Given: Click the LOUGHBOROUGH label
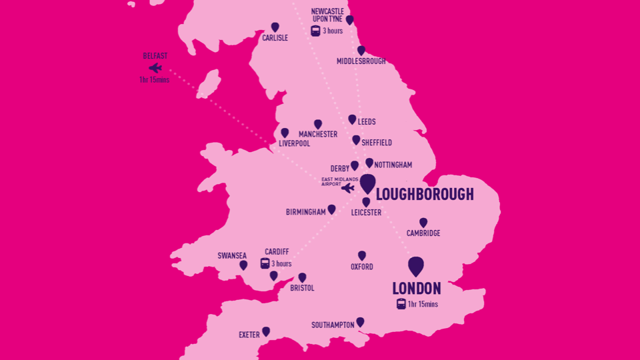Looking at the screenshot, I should coord(425,195).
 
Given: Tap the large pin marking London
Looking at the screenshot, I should coord(416,266).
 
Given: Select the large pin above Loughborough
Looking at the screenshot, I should coord(367,183).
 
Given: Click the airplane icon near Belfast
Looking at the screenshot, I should coord(155,68).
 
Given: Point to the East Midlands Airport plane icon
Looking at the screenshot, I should coord(347,188).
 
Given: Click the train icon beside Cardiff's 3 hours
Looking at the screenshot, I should coord(265,263).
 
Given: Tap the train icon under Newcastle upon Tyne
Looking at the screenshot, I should coord(315,31).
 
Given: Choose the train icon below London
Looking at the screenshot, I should coord(401,304).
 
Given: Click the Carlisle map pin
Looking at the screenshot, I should coord(275,27).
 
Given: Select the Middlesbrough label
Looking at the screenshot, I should coord(361,61).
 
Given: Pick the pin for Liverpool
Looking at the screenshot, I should coord(285,133).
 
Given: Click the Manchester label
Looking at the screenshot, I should coord(318,134).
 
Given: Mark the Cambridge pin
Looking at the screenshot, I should coord(423,223).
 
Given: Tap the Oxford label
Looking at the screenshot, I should coord(362,267).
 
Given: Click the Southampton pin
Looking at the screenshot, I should coord(360,322).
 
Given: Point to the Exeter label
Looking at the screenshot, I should coord(250,335).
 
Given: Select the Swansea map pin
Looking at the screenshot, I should coord(243,265).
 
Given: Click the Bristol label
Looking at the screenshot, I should coord(302,288).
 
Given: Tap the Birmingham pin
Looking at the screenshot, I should coord(331,209).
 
